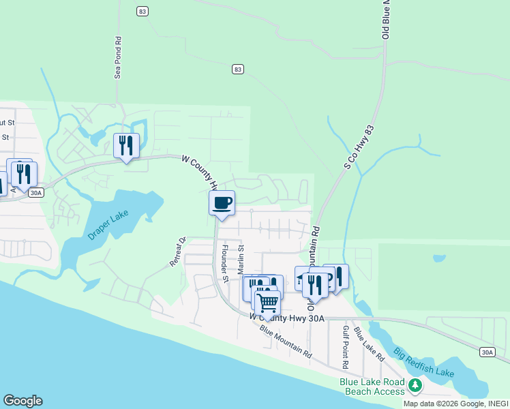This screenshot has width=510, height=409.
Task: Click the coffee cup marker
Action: tap(222, 202)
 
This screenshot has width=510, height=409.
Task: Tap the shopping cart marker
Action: tap(267, 301)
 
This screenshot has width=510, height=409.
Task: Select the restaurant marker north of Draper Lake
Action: tap(126, 145)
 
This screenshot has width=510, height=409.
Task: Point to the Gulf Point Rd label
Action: tap(345, 343)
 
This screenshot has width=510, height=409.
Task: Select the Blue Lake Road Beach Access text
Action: tap(372, 387)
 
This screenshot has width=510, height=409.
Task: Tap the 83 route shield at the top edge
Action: tap(142, 11)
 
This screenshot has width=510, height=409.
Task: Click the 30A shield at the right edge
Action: tap(487, 352)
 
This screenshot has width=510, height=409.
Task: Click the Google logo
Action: tap(22, 401)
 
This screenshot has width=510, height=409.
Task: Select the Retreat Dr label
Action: tap(177, 252)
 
